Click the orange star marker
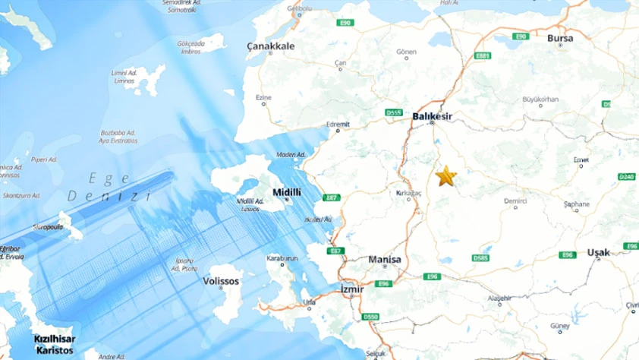pos(445,177)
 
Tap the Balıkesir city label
pos(432,116)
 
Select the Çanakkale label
pos(270,46)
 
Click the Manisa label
pos(384,260)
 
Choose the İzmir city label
pos(353,289)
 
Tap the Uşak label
pos(598,252)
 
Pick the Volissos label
pos(221,281)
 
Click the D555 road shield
pos(393,112)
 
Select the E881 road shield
pos(483,55)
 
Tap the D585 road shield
pos(480,258)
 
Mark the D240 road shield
pos(626,177)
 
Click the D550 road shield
pos(370,317)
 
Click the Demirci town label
pos(515,201)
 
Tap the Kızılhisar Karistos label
pos(53,343)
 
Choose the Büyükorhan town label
pos(540,99)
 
